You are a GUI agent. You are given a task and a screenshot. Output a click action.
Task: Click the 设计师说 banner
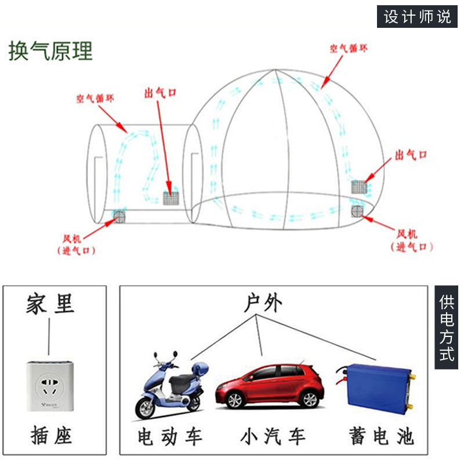pyautogui.click(x=417, y=17)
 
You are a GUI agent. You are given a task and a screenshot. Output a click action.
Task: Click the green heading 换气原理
pyautogui.click(x=50, y=51)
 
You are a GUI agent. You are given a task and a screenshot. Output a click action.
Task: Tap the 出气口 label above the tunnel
pyautogui.click(x=161, y=93)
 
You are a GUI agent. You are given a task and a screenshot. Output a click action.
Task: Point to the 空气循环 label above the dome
pyautogui.click(x=349, y=48)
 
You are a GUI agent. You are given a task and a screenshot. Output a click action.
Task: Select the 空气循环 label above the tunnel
pyautogui.click(x=95, y=98)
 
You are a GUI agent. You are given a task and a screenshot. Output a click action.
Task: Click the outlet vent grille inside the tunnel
pyautogui.click(x=171, y=198)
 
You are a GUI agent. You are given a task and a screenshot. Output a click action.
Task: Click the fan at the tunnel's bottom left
pyautogui.click(x=119, y=216)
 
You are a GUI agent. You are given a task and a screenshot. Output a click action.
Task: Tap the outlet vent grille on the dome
pyautogui.click(x=359, y=187)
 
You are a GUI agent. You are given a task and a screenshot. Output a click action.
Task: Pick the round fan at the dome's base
pyautogui.click(x=357, y=211)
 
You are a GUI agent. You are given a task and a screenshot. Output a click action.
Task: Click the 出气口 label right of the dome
pyautogui.click(x=411, y=155)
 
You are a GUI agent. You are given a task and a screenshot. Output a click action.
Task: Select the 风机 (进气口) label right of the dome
pyautogui.click(x=411, y=241)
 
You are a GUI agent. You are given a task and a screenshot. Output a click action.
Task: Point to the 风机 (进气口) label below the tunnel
pyautogui.click(x=76, y=245)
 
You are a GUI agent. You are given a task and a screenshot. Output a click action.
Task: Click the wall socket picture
pyautogui.click(x=50, y=386)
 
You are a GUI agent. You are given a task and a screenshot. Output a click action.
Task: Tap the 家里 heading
pyautogui.click(x=50, y=303)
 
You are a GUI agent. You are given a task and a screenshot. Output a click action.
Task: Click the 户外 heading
pyautogui.click(x=263, y=303)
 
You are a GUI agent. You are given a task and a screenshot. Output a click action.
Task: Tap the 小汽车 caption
pyautogui.click(x=273, y=436)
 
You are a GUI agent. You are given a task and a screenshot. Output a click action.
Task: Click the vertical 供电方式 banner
pyautogui.click(x=446, y=327)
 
